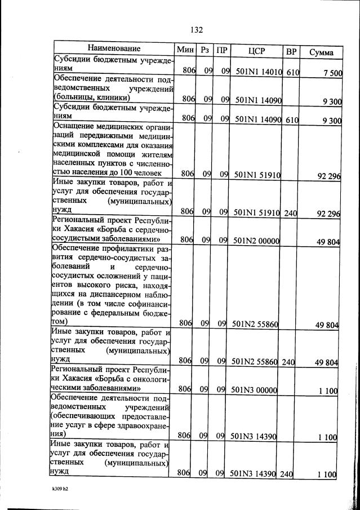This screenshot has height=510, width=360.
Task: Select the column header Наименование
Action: tap(113, 50)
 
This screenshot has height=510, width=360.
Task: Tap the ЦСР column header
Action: tap(256, 51)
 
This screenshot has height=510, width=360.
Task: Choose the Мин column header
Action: tap(184, 50)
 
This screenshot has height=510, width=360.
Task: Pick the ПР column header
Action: tap(222, 51)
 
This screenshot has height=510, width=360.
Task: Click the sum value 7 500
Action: tap(328, 73)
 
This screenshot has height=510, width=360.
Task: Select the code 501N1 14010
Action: tap(257, 72)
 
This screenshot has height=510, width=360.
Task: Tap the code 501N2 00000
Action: tap(257, 241)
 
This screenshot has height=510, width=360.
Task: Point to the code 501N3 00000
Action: tap(256, 389)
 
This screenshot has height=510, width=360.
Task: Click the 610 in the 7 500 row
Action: tap(292, 72)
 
